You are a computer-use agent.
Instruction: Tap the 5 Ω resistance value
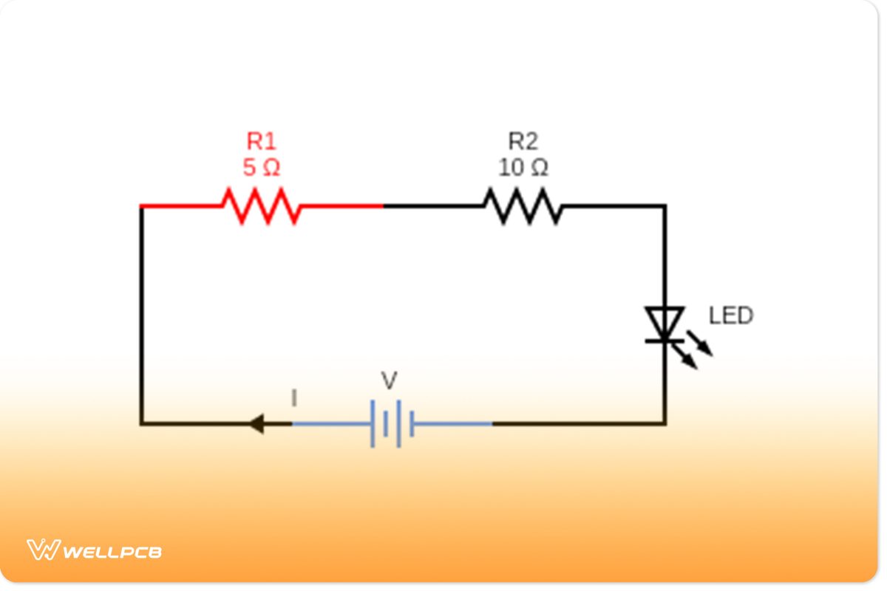[x=261, y=168]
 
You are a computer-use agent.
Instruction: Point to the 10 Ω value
[x=523, y=168]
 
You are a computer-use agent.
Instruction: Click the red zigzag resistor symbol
[x=262, y=206]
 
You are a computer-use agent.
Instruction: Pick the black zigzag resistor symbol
[x=523, y=206]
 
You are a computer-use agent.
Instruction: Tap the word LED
[x=730, y=316]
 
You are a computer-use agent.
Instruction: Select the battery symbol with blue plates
[x=392, y=424]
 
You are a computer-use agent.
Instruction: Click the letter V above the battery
[x=389, y=381]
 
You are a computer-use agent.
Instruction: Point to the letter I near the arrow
[x=294, y=399]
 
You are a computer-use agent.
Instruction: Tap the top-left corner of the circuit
[x=141, y=206]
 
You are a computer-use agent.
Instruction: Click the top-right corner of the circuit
[x=664, y=206]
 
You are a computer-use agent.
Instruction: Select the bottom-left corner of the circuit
[x=141, y=424]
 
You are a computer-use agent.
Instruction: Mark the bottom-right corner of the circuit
[x=664, y=424]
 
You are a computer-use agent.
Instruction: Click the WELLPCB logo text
[x=113, y=552]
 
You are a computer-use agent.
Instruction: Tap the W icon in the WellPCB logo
[x=43, y=550]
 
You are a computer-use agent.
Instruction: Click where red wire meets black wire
[x=383, y=206]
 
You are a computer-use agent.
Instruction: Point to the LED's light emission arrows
[x=695, y=350]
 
